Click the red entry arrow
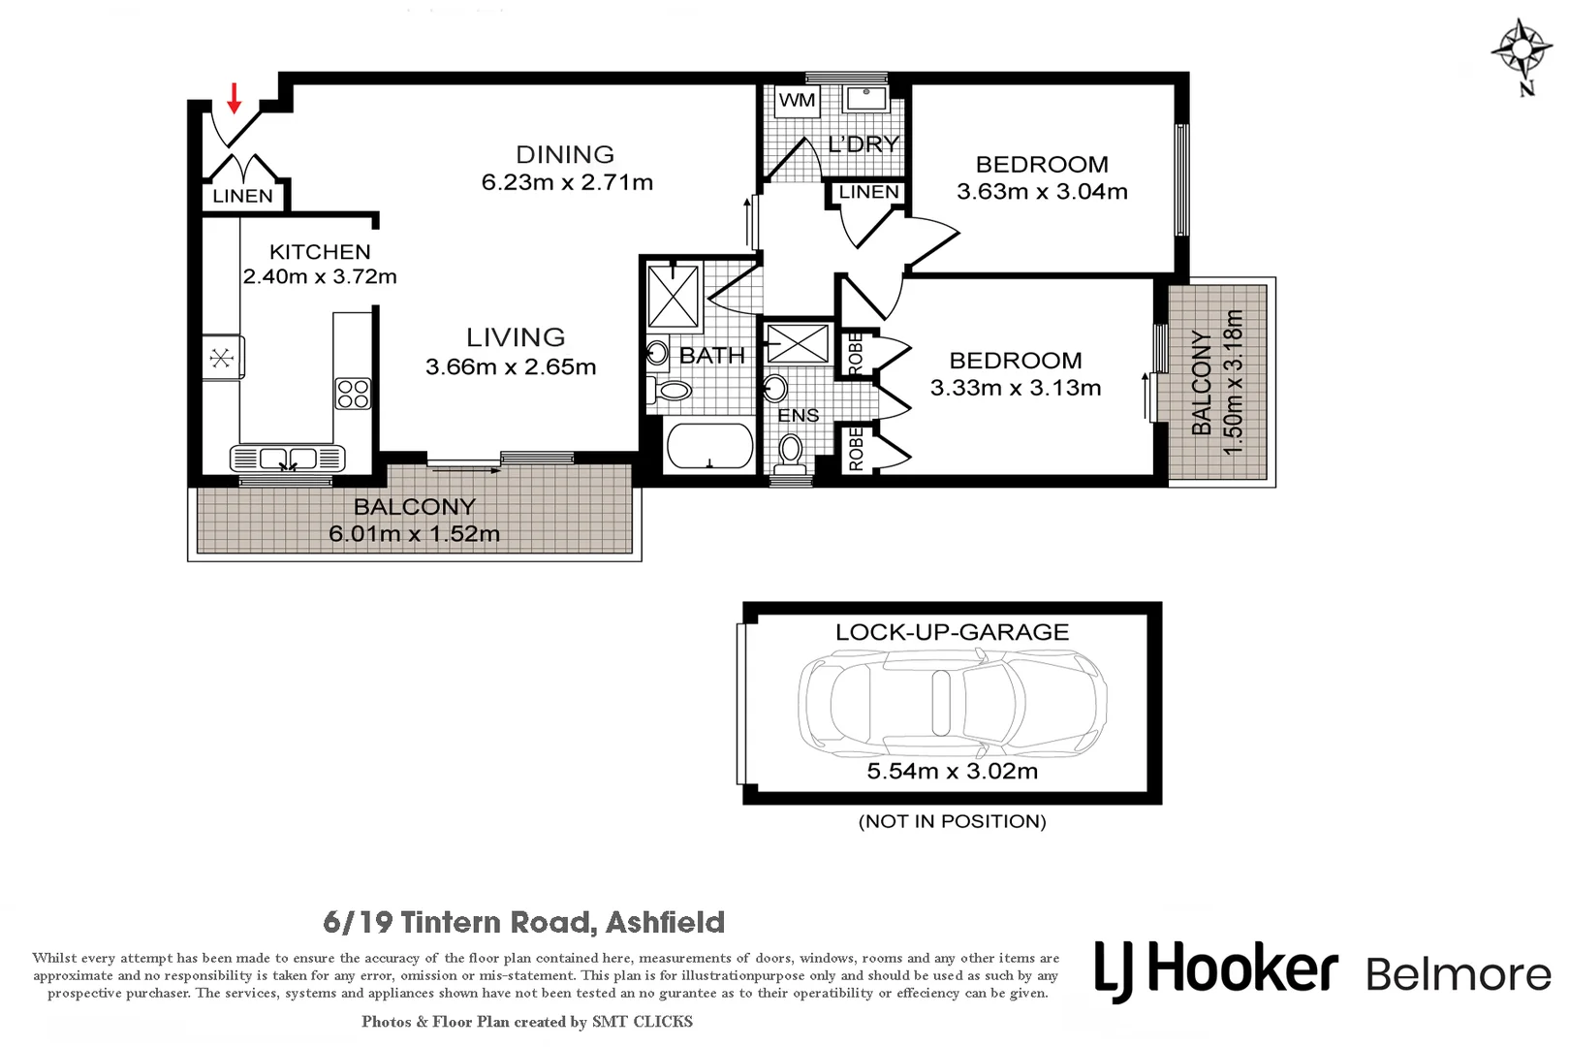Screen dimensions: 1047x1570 [234, 97]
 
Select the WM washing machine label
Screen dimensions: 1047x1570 [797, 100]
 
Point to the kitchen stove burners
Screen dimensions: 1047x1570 [353, 394]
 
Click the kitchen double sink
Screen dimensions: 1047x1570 [287, 458]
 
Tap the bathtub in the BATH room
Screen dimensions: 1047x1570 [710, 448]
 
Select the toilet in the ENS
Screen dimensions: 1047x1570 [791, 450]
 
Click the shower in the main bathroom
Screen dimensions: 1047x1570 [674, 296]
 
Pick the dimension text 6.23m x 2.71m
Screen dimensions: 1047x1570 [567, 182]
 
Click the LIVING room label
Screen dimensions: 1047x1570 [516, 337]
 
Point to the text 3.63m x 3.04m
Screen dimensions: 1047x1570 [1042, 192]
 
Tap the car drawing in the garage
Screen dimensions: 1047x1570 [952, 703]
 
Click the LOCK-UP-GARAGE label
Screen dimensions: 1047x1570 [952, 632]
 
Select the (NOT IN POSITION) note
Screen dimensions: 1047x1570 [952, 821]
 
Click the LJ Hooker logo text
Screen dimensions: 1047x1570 [1216, 971]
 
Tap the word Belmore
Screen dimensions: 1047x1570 [1459, 974]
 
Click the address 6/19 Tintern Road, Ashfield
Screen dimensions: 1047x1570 [523, 922]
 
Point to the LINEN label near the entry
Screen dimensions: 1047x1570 [242, 196]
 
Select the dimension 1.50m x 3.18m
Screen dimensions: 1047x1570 [1233, 382]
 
